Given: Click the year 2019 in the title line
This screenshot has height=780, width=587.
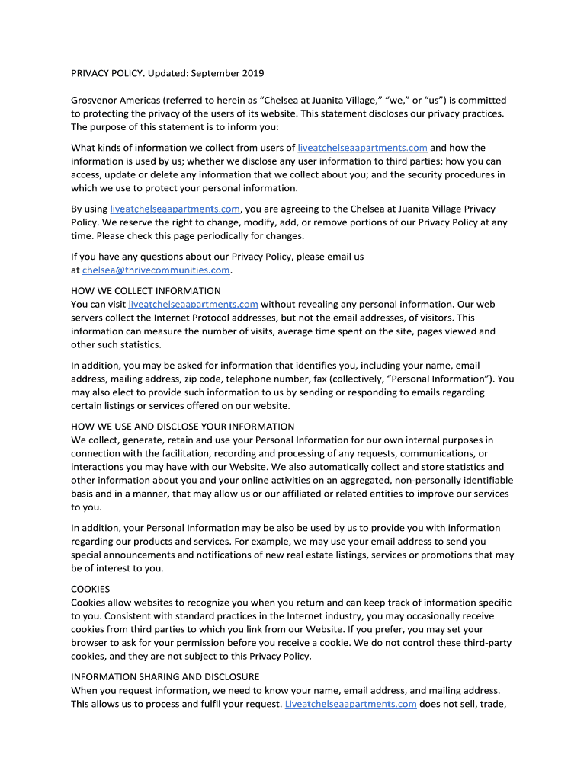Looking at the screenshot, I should coord(252,73).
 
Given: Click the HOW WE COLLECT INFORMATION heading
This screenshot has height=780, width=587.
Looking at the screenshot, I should coord(146,291).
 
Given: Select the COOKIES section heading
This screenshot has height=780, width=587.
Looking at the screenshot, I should coord(91,589).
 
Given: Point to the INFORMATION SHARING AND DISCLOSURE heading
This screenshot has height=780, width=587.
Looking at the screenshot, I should coord(165,676).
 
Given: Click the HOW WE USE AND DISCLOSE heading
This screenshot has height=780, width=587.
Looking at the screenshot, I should coord(182,426).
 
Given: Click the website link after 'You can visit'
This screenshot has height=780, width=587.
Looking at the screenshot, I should coord(188,304).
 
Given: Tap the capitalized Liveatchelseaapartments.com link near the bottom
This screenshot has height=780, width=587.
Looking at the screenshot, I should coord(350,704).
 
